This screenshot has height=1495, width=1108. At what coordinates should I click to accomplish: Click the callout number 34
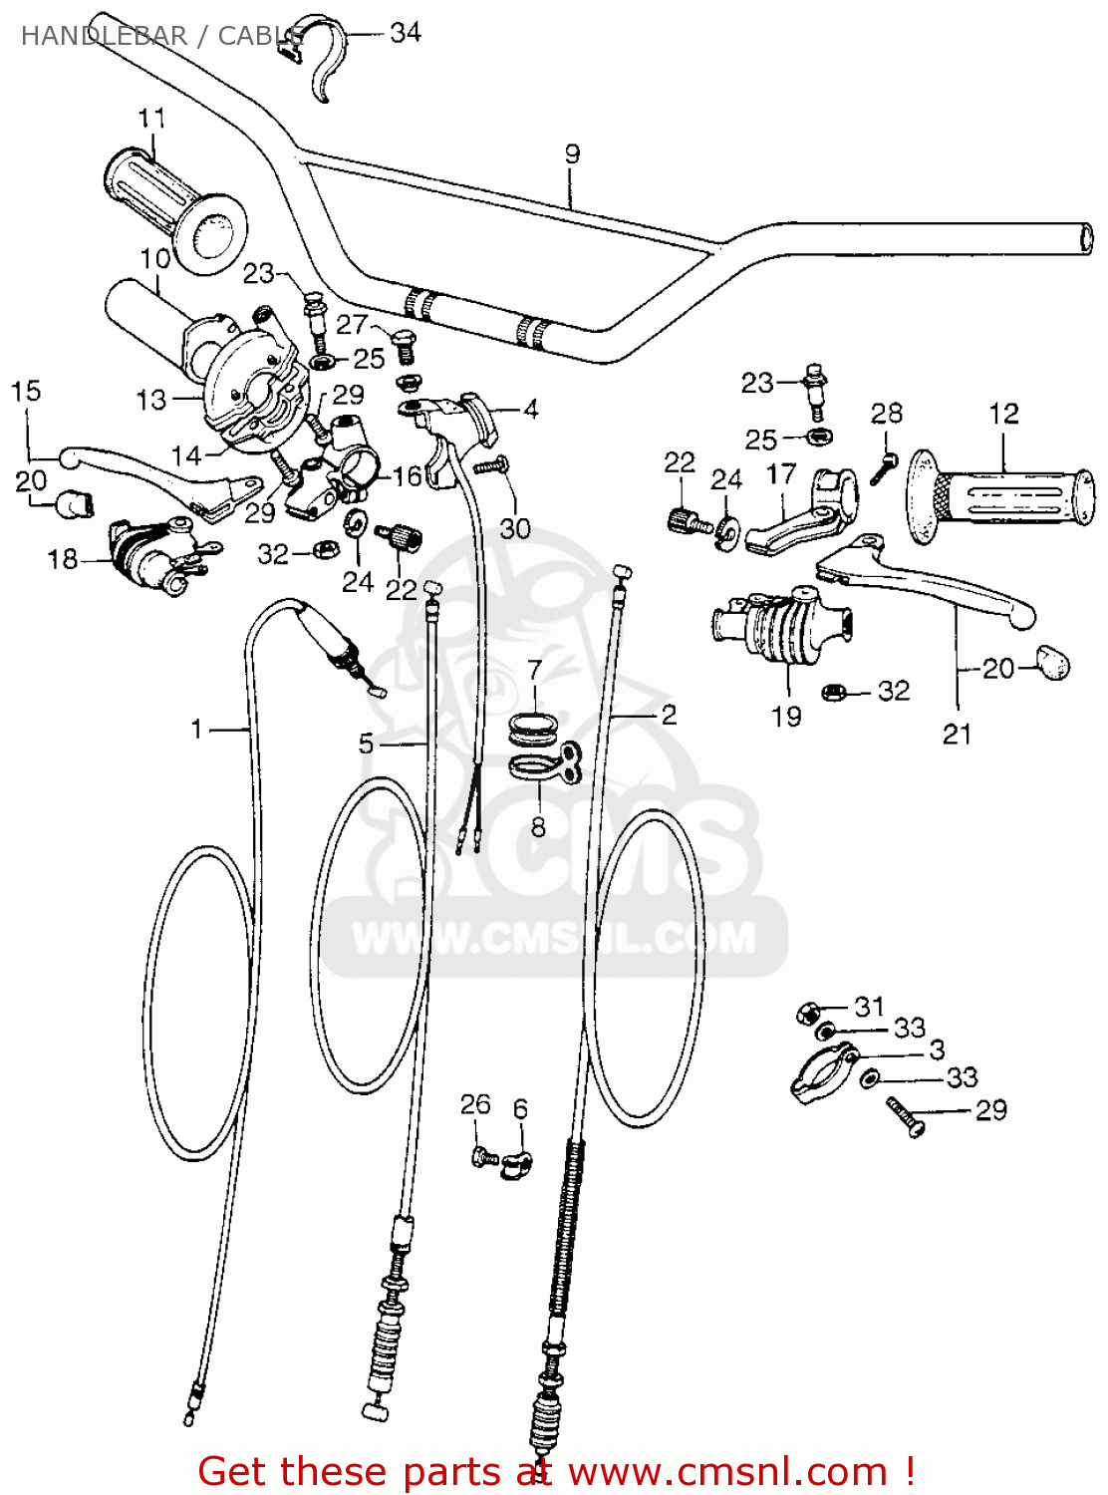tap(405, 33)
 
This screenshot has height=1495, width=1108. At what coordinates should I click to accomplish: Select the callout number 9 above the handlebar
tap(572, 153)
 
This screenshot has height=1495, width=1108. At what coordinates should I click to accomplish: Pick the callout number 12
tap(1003, 414)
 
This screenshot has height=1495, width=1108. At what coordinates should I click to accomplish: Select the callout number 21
tap(957, 735)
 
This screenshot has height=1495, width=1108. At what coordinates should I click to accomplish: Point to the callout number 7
tap(535, 670)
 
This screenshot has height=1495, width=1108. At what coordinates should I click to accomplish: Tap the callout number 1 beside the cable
tap(197, 730)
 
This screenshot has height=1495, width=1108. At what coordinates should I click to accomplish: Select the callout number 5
tap(366, 744)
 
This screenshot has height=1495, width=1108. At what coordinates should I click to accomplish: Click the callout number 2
tap(669, 715)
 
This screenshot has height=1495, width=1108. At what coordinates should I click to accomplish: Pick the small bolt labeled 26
tap(485, 1157)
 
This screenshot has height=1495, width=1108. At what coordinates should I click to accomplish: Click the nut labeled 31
tap(808, 1014)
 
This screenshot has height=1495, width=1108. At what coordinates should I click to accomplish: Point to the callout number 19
tap(786, 716)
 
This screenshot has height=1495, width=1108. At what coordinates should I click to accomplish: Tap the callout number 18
tap(62, 559)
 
